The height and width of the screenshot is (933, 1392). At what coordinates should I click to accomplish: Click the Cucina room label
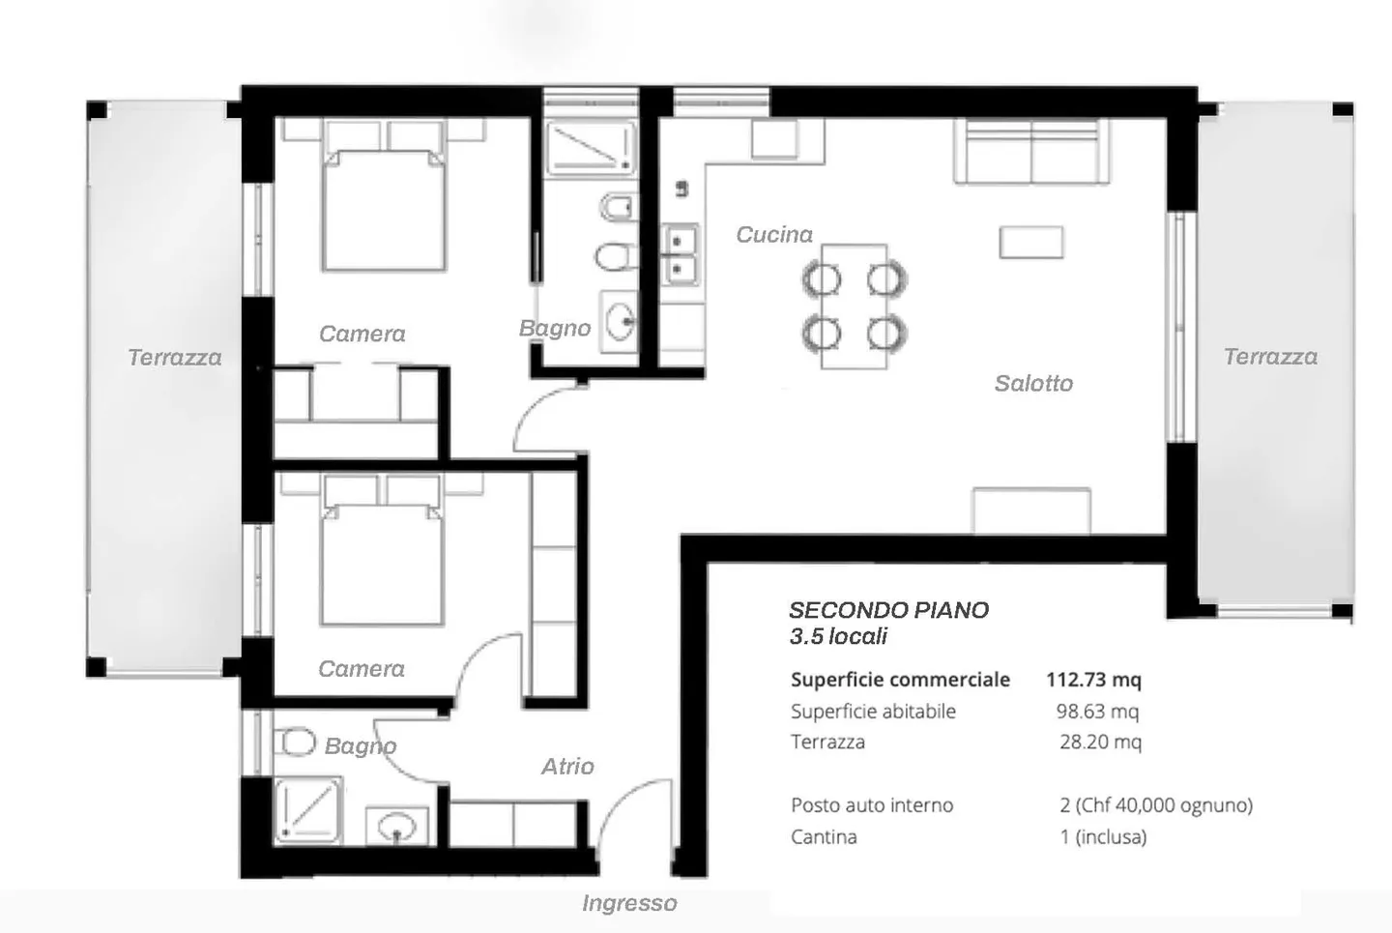(774, 234)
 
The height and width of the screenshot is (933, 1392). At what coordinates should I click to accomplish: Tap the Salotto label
(1033, 383)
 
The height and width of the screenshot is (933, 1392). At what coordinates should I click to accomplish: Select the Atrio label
(567, 766)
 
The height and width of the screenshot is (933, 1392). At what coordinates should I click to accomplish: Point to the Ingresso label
(629, 903)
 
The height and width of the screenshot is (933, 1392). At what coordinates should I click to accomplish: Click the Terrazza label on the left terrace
(175, 358)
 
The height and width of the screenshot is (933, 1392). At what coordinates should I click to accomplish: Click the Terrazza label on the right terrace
(1270, 357)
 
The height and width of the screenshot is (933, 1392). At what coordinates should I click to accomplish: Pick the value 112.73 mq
(1093, 680)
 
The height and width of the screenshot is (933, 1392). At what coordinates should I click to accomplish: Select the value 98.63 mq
(1097, 711)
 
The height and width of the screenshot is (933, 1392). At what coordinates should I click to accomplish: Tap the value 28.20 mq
(1100, 742)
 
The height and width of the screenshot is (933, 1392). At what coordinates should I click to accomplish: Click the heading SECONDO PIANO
(888, 610)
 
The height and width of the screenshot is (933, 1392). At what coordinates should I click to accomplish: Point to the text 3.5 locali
(838, 636)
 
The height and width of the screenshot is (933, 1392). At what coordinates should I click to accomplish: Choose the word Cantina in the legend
(824, 837)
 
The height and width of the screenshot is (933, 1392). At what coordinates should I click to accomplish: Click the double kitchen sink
(680, 255)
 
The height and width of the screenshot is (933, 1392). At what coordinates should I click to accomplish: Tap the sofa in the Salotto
(1030, 151)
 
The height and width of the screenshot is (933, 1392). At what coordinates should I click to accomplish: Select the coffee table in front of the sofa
(1031, 243)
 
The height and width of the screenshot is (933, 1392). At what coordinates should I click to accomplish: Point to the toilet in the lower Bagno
(295, 741)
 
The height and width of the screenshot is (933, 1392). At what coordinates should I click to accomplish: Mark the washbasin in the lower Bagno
(397, 826)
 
